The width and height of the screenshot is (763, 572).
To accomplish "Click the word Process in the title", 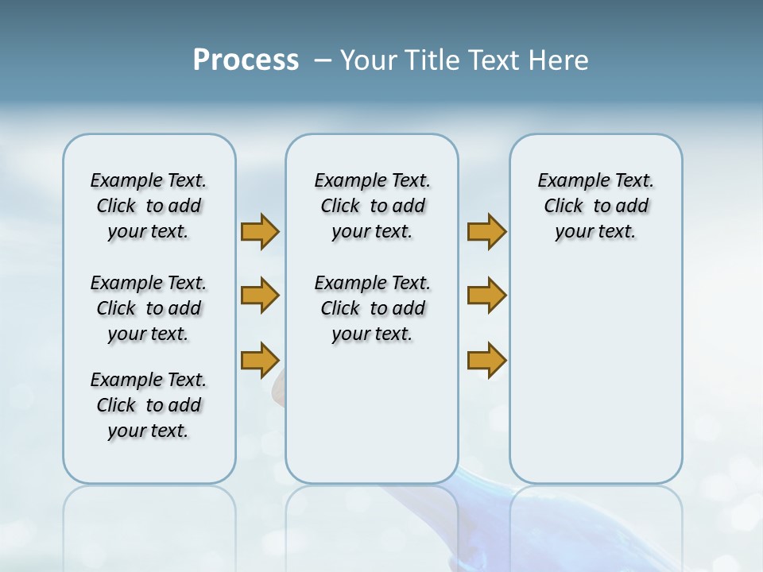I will coord(246,60).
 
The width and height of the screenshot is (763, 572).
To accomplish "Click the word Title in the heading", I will coord(432,60).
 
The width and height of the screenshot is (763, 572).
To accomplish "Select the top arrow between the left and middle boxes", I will coord(260,232).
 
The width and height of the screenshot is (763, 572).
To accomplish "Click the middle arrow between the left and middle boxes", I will coord(260,296).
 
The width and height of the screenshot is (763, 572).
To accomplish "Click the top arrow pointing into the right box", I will coord(486,232).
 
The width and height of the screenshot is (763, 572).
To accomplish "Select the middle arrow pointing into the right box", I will coord(486,296).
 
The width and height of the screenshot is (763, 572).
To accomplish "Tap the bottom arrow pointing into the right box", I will coord(486,361).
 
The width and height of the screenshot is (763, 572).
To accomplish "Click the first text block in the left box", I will coord(149,206).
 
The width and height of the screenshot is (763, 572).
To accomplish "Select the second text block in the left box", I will coord(149,308).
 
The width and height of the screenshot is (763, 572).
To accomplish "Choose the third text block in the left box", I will coord(149,405).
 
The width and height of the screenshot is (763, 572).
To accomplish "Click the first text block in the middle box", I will coord(372,206).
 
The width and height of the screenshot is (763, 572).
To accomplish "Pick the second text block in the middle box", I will coord(372,308).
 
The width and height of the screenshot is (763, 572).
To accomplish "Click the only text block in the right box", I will coord(595,206).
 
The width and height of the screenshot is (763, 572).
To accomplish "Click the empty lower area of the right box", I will coord(595,381).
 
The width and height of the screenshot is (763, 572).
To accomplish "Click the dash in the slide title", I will coord(323,60).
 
